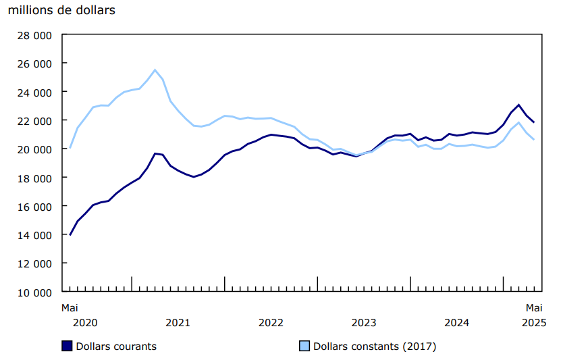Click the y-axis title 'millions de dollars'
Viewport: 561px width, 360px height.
[61, 10]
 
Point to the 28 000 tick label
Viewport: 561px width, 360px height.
[33, 34]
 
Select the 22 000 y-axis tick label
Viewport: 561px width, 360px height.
[33, 120]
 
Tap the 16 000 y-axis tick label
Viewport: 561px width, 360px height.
[33, 206]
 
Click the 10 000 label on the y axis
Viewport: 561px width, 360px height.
[33, 292]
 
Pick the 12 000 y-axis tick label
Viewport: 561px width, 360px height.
[33, 263]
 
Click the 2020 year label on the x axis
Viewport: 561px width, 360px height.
[85, 322]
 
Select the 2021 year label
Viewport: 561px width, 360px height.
[178, 322]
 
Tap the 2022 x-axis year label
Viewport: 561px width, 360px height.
[271, 322]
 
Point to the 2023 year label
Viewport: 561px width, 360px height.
[364, 322]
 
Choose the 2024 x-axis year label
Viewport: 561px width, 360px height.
[457, 322]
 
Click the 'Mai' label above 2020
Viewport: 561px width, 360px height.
[70, 307]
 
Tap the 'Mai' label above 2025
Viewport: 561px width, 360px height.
[535, 307]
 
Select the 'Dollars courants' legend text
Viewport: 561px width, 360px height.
[116, 346]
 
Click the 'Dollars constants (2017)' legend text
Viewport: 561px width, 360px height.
[375, 346]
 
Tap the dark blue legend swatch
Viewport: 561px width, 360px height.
[66, 346]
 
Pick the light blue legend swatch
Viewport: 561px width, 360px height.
[304, 346]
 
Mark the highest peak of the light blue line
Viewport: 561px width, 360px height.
[155, 70]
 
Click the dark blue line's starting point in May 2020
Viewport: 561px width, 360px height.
[70, 234]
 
